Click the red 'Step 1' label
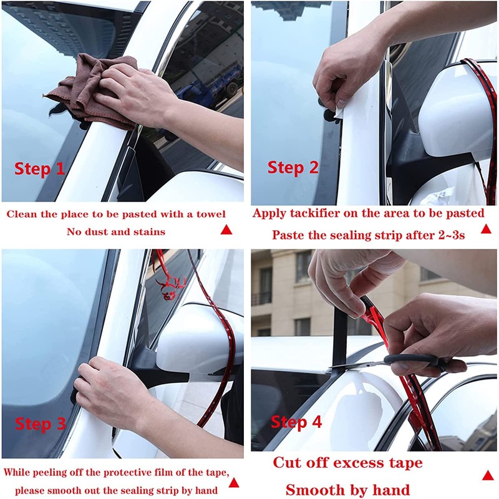39,168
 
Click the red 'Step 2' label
293,167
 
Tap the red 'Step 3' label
41,424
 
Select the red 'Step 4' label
296,422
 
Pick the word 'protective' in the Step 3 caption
126,473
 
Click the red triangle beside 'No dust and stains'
226,230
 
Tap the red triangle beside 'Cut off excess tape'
488,475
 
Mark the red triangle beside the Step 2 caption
486,228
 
